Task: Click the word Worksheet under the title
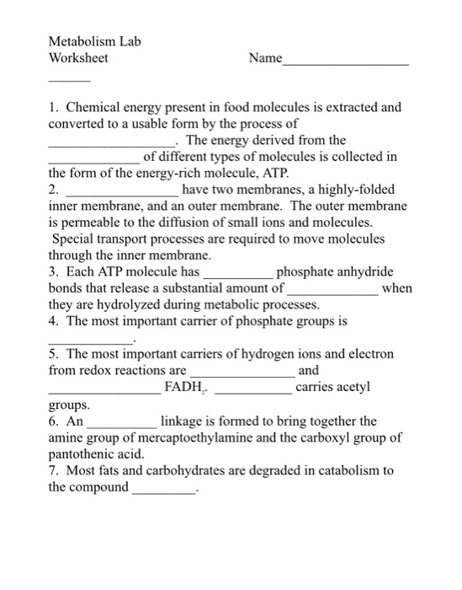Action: click(x=78, y=59)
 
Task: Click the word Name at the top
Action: click(x=266, y=59)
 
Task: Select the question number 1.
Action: click(x=52, y=108)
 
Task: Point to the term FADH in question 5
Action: click(x=183, y=387)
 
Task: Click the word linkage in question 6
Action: click(x=183, y=420)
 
